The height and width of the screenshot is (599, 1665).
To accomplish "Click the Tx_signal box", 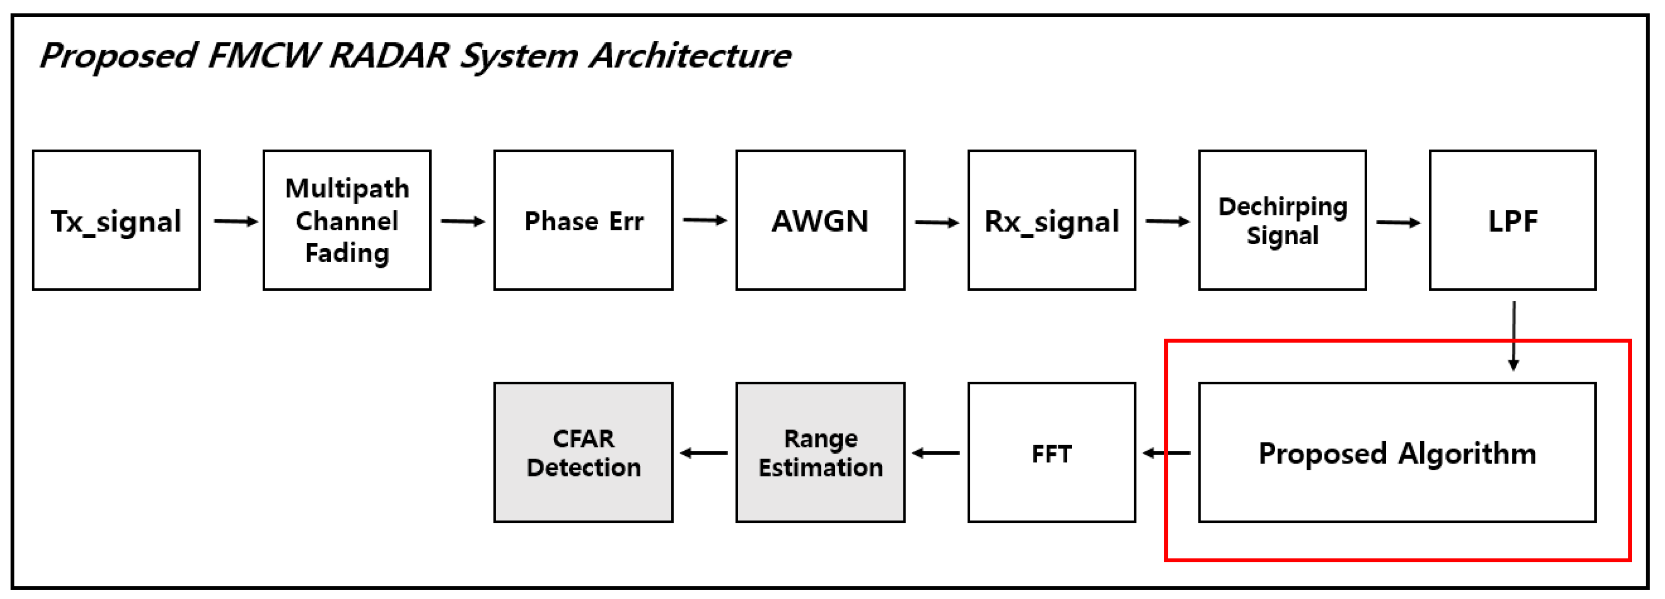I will (x=116, y=221).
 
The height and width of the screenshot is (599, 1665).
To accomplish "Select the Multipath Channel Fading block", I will (x=347, y=221).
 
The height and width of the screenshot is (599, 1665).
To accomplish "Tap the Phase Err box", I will (x=583, y=221).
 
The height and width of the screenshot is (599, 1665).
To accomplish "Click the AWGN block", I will (x=820, y=221).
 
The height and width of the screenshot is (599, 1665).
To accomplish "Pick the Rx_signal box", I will (x=1052, y=221).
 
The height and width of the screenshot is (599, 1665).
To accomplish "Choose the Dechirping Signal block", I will (x=1282, y=221).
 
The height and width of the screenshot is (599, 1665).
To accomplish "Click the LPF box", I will (x=1513, y=221).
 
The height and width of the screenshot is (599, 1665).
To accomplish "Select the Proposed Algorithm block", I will (x=1397, y=452).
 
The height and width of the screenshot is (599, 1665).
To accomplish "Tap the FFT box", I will (x=1052, y=452).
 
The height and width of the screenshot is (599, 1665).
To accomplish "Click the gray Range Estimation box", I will (x=820, y=452).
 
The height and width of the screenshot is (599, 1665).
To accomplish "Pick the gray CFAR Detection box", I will (x=583, y=452).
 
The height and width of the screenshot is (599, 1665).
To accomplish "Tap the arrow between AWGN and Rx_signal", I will (x=937, y=223).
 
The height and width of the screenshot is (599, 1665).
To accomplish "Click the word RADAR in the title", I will (x=388, y=56).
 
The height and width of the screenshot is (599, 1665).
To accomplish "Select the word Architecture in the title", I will (x=690, y=56).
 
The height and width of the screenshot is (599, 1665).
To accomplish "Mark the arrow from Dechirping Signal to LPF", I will (x=1398, y=223).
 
